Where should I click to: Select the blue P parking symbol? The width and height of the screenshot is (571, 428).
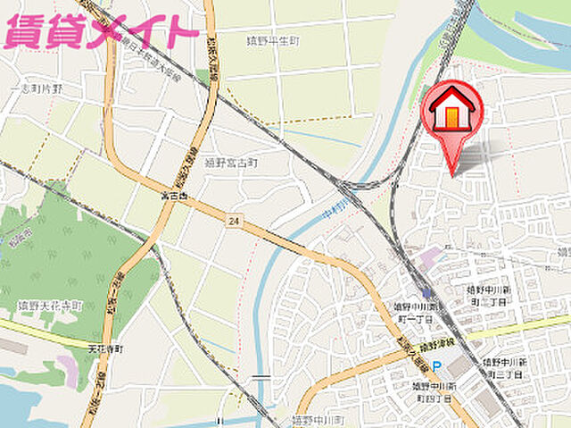click(x=436, y=365)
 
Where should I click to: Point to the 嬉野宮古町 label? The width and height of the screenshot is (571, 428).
click(x=230, y=164)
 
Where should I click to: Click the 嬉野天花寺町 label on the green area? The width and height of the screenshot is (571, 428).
click(x=50, y=306)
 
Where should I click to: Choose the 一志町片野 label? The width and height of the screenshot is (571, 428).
click(x=36, y=88)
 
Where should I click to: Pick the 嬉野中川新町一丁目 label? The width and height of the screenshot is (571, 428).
click(x=413, y=313)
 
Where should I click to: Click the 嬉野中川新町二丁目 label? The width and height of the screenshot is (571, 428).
click(x=488, y=295)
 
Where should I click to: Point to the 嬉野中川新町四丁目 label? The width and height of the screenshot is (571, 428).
click(x=434, y=391)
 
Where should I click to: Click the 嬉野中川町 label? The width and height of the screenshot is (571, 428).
click(x=318, y=418)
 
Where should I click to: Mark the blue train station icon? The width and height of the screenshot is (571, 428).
click(x=428, y=292)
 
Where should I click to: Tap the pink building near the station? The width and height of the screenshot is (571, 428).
click(x=429, y=257)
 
